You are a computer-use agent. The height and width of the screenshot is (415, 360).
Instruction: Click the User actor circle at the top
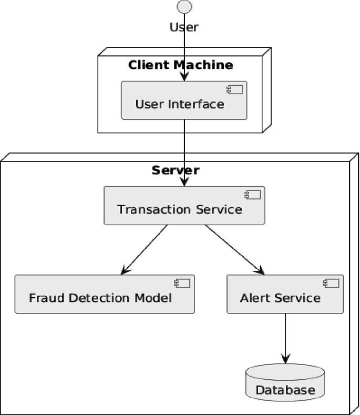(184, 6)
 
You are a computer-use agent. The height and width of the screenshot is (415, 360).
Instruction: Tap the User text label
(184, 27)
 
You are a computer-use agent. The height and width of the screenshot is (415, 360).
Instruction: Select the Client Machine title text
(180, 65)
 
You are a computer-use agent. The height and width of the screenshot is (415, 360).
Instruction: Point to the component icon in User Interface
(234, 89)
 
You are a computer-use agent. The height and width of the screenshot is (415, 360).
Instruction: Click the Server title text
(176, 170)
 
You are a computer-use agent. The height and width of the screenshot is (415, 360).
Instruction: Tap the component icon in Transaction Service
(252, 195)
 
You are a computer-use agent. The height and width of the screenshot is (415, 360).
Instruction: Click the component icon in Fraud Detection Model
(182, 283)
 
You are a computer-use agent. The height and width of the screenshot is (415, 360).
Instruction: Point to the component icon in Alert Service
(331, 283)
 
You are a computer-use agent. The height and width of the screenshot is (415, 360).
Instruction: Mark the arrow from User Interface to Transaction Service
(184, 153)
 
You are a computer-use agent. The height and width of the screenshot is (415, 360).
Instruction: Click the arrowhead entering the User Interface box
(184, 76)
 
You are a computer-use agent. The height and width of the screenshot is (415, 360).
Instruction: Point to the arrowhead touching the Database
(285, 358)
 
